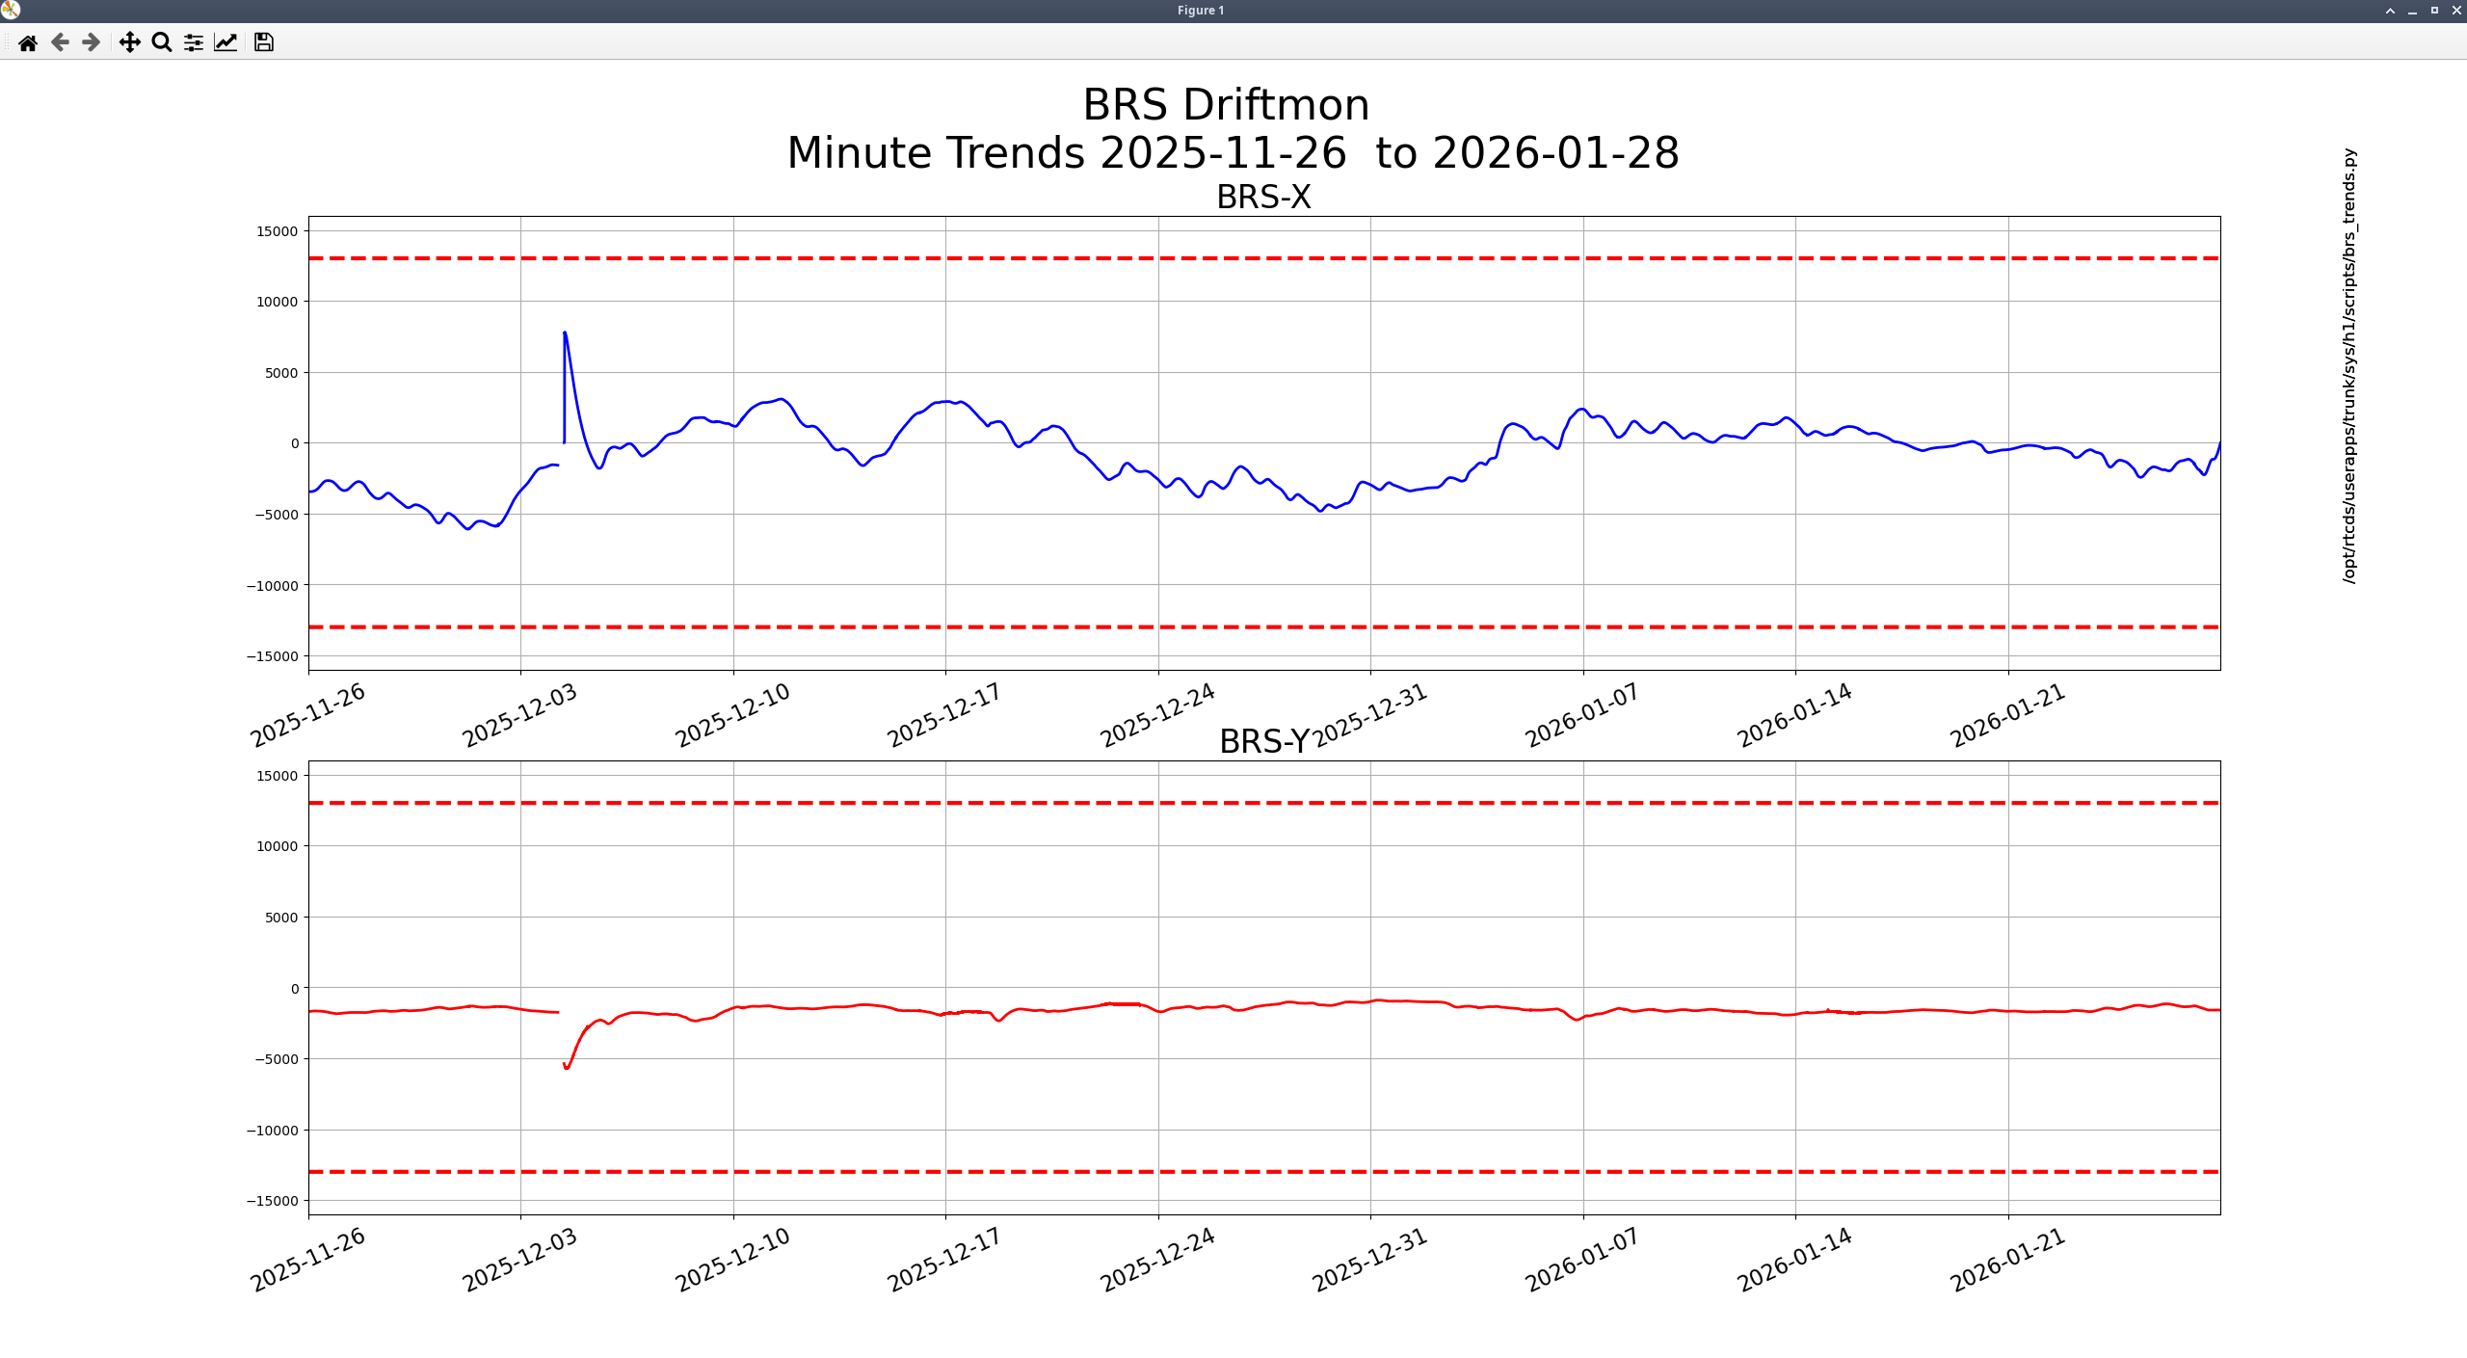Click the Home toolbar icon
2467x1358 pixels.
coord(28,42)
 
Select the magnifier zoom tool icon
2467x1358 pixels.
coord(162,42)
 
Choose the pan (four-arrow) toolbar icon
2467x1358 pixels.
coord(129,42)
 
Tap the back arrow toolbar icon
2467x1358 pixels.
coord(60,42)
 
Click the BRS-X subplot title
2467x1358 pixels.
coord(1262,198)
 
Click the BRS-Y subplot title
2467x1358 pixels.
coord(1263,741)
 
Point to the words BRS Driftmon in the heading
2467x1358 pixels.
coord(1225,105)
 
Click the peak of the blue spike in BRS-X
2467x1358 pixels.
coord(565,333)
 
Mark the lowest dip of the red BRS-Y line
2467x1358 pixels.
coord(567,1068)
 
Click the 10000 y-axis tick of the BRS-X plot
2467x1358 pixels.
coord(277,302)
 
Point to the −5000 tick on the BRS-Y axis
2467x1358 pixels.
coord(277,1059)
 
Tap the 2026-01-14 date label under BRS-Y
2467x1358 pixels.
coord(1794,1259)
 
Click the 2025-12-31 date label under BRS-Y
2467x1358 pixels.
coord(1369,1259)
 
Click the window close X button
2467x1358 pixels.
coord(2456,11)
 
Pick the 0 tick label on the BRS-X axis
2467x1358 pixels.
coord(295,443)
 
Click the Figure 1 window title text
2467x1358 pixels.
coord(1200,11)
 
